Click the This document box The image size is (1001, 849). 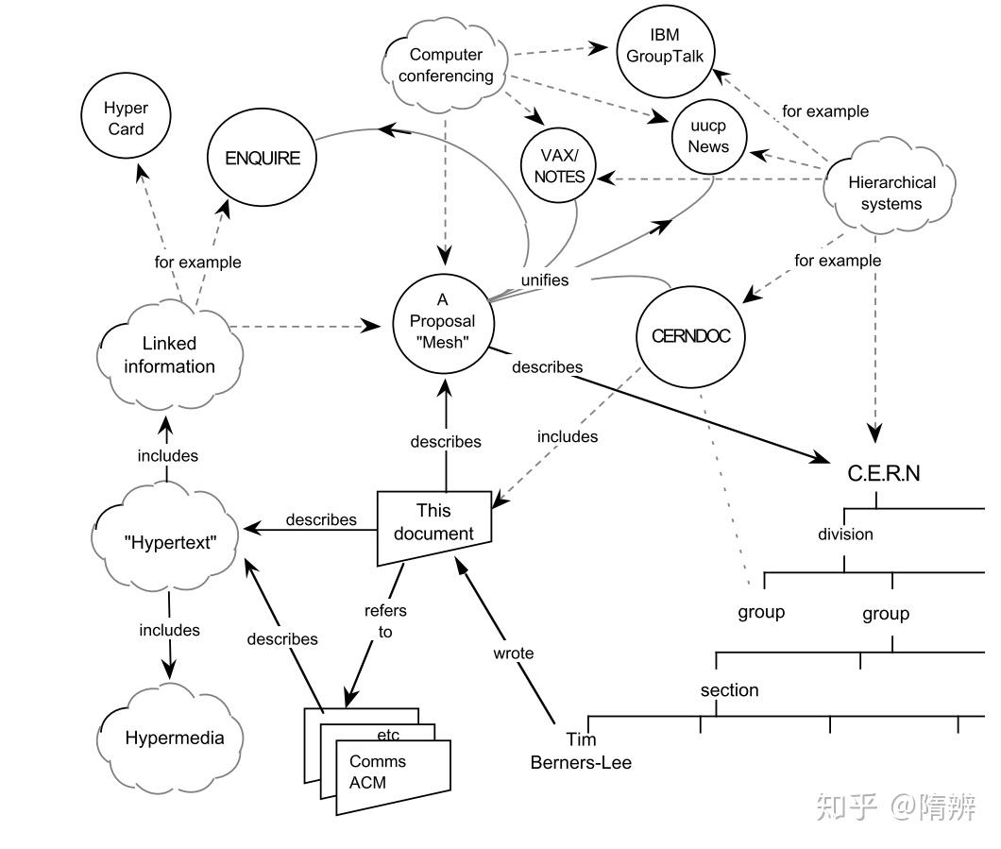tap(434, 523)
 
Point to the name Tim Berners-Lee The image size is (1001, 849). tap(581, 751)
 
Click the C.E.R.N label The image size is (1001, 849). tap(884, 473)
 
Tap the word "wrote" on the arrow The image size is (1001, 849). tap(514, 653)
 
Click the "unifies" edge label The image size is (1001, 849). tap(545, 280)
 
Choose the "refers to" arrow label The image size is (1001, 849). tap(385, 621)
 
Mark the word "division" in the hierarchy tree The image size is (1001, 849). tap(845, 535)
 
